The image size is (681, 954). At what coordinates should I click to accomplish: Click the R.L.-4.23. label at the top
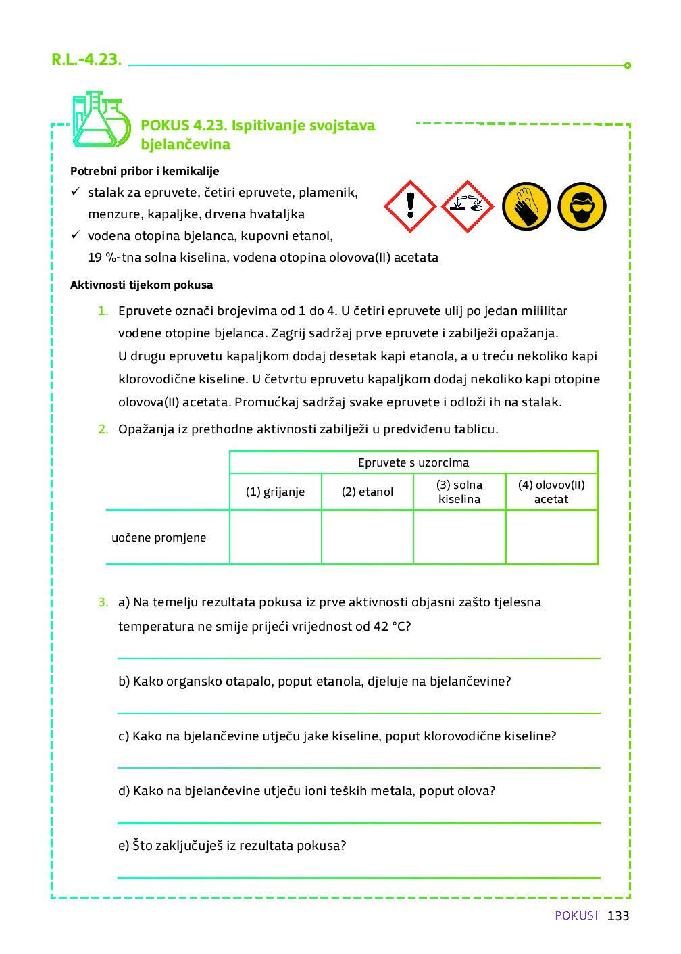pos(86,59)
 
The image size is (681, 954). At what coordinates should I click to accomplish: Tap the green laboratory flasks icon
pos(101,120)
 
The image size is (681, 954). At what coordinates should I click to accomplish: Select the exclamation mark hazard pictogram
pos(410,206)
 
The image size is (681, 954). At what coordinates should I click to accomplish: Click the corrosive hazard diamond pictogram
pos(468,206)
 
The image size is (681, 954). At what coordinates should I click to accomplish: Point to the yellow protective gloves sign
pos(526,206)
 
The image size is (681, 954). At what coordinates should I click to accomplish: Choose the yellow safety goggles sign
pos(582,206)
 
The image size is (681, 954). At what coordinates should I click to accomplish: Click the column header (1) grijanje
pos(275,492)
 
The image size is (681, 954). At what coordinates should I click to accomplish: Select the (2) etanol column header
pos(368,492)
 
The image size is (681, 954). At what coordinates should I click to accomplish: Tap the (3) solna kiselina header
pos(459,492)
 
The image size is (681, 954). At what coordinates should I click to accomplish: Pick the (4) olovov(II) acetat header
pos(551,492)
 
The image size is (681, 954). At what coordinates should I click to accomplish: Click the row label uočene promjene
pos(159,538)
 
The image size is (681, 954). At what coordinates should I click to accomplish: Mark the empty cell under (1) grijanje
pos(275,538)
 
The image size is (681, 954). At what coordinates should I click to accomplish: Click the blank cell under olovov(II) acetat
pos(551,538)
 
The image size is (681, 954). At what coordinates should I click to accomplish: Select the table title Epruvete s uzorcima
pos(413,462)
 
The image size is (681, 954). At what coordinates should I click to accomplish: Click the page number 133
pos(618,915)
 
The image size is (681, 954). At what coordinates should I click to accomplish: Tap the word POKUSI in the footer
pos(576,915)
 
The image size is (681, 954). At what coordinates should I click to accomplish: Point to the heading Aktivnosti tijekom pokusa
pos(141,285)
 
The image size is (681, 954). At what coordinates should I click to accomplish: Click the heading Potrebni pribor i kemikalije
pos(145,171)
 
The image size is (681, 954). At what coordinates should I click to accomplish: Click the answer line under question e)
pos(359,876)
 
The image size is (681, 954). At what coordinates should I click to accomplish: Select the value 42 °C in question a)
pos(392,626)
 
